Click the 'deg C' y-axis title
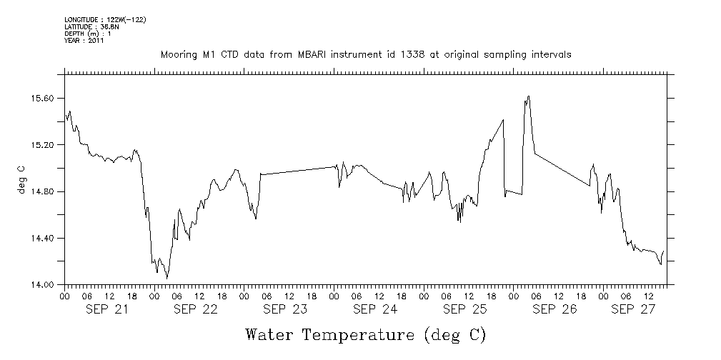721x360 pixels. [21, 179]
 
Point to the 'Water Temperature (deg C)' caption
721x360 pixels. [366, 334]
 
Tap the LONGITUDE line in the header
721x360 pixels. [105, 19]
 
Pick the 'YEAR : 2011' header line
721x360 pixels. [84, 41]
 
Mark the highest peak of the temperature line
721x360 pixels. [528, 96]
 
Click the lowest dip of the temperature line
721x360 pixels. [167, 278]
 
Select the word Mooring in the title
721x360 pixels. [177, 55]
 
